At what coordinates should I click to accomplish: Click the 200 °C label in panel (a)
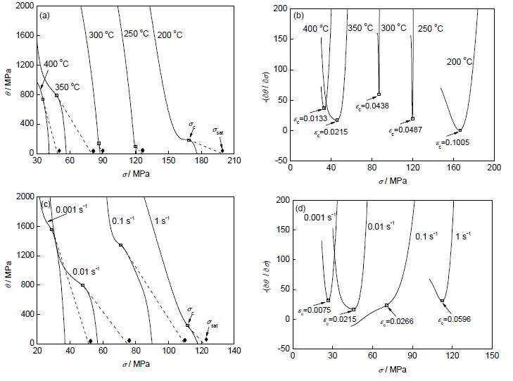pyautogui.click(x=170, y=35)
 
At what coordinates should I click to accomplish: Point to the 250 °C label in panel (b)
pyautogui.click(x=430, y=28)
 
